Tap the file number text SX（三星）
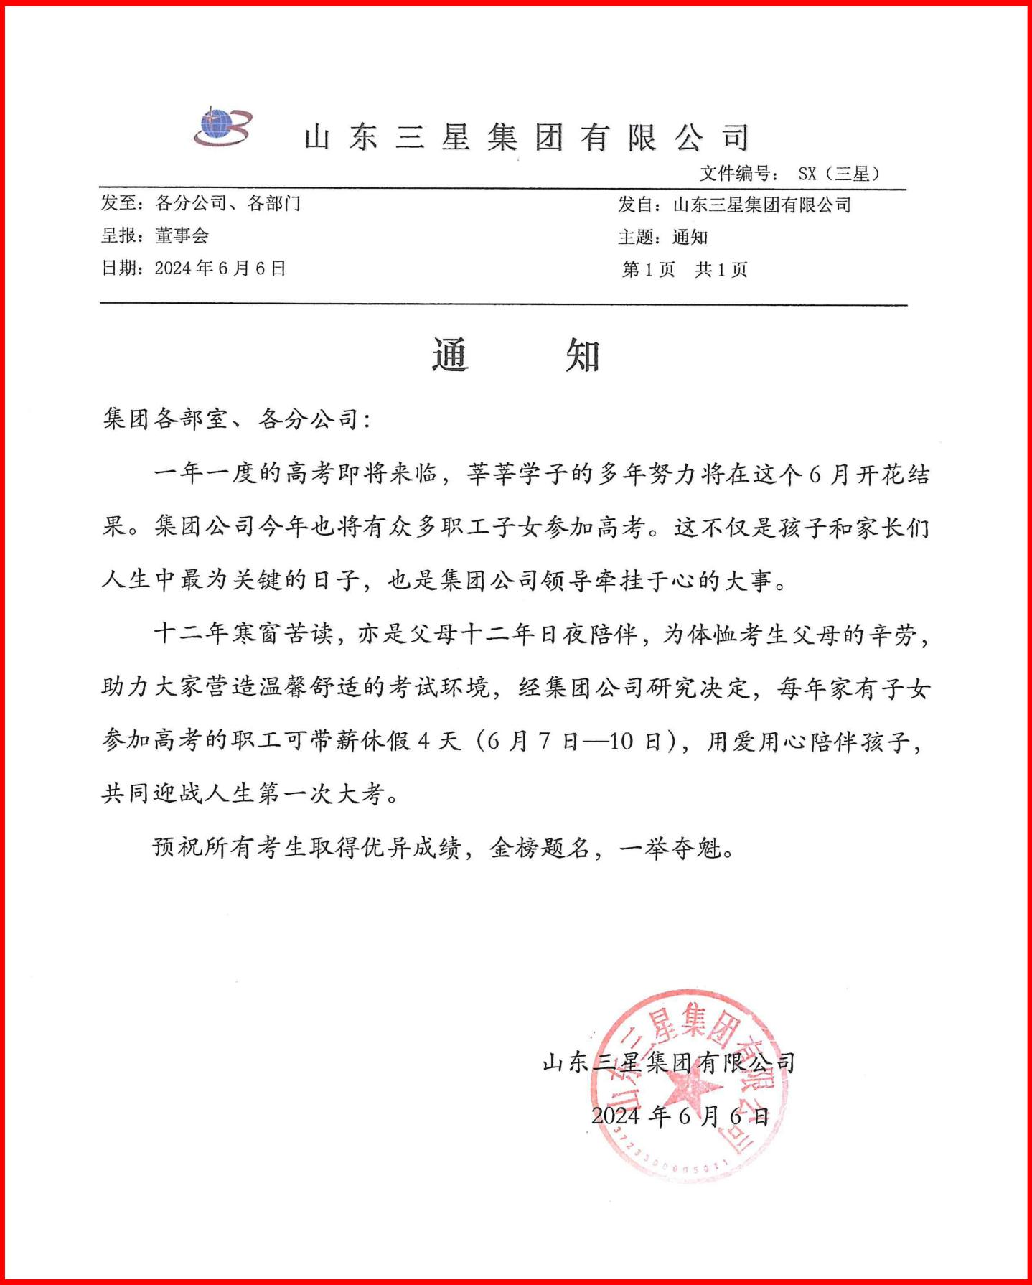pos(838,174)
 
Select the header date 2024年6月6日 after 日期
pos(220,268)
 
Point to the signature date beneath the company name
pos(680,1116)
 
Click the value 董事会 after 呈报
pos(182,235)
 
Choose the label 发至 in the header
pos(118,203)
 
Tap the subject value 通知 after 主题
pos(690,237)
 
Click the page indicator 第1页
pos(648,270)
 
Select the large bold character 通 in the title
pos(450,355)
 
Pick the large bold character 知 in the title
pos(582,355)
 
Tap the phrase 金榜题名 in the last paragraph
pos(540,849)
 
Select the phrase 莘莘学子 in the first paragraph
pos(518,474)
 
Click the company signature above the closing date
pos(668,1062)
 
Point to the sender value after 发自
pos(761,205)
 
